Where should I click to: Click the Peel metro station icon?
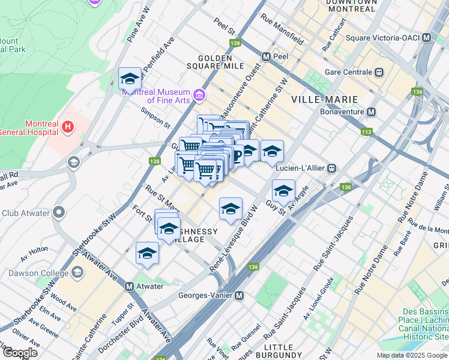(266, 56)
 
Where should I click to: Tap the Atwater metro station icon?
(129, 286)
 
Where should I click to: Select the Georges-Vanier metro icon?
(239, 295)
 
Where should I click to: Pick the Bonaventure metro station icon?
(372, 112)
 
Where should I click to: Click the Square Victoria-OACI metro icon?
(427, 38)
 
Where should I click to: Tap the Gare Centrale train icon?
(379, 72)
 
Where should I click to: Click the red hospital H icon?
(68, 127)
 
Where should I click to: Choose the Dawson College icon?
(77, 273)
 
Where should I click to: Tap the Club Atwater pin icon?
(59, 212)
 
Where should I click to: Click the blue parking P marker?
(237, 157)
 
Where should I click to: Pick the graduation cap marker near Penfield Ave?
(130, 78)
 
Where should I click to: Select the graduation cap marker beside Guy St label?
(283, 191)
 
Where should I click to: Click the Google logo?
(20, 353)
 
